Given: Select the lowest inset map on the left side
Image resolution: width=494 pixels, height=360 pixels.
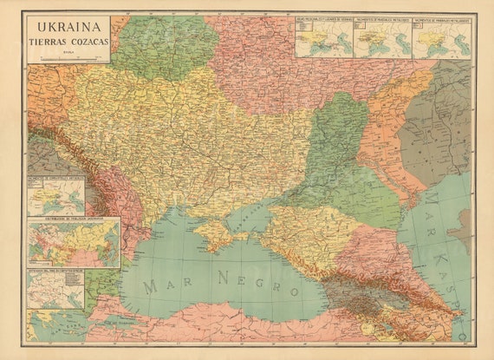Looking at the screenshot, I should point(55,291).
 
